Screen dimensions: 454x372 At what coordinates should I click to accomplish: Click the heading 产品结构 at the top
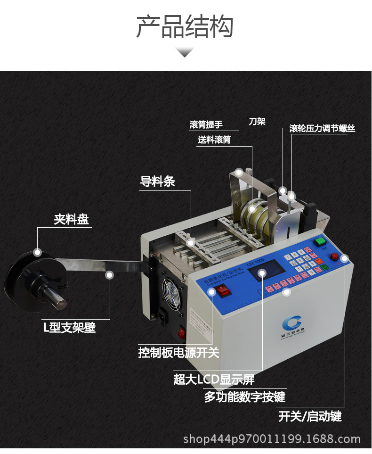tap(185, 26)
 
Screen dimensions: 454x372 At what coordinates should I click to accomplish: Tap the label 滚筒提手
tap(206, 125)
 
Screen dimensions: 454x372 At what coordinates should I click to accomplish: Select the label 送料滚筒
tap(214, 140)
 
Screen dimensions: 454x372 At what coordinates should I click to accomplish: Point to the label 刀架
tap(257, 122)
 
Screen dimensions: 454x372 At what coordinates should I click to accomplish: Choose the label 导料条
tap(157, 182)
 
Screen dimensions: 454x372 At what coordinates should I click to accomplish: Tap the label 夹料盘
tap(71, 219)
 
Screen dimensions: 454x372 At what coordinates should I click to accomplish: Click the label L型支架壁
tap(70, 327)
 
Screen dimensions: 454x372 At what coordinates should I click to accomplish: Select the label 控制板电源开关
tap(178, 353)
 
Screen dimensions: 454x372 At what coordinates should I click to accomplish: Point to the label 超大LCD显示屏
tap(214, 380)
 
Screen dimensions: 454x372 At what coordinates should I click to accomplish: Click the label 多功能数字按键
tap(244, 397)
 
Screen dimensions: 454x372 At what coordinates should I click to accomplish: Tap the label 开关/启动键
tap(309, 416)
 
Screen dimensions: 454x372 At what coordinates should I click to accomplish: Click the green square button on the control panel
tap(321, 242)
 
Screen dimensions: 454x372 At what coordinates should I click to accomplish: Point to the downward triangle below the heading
tap(185, 52)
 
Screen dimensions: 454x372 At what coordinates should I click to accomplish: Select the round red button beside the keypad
tap(334, 257)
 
